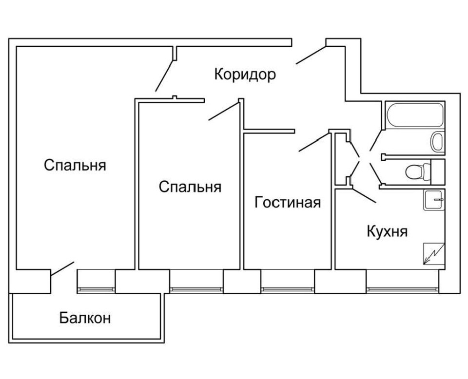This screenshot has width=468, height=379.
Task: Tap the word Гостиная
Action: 288,203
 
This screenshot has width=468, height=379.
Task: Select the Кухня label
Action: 387,231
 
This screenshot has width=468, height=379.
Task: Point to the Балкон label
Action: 85,318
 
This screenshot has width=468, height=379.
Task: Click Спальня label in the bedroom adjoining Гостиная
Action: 190,187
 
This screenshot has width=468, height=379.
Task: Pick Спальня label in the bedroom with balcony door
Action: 75,165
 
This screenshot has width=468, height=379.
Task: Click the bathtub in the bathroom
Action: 414,115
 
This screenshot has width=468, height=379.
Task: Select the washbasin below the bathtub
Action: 437,142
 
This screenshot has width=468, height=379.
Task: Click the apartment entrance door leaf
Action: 311,55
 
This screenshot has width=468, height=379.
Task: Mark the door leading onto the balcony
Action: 62,269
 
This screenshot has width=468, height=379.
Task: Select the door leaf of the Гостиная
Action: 314,142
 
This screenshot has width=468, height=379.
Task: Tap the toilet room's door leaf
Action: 375,173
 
